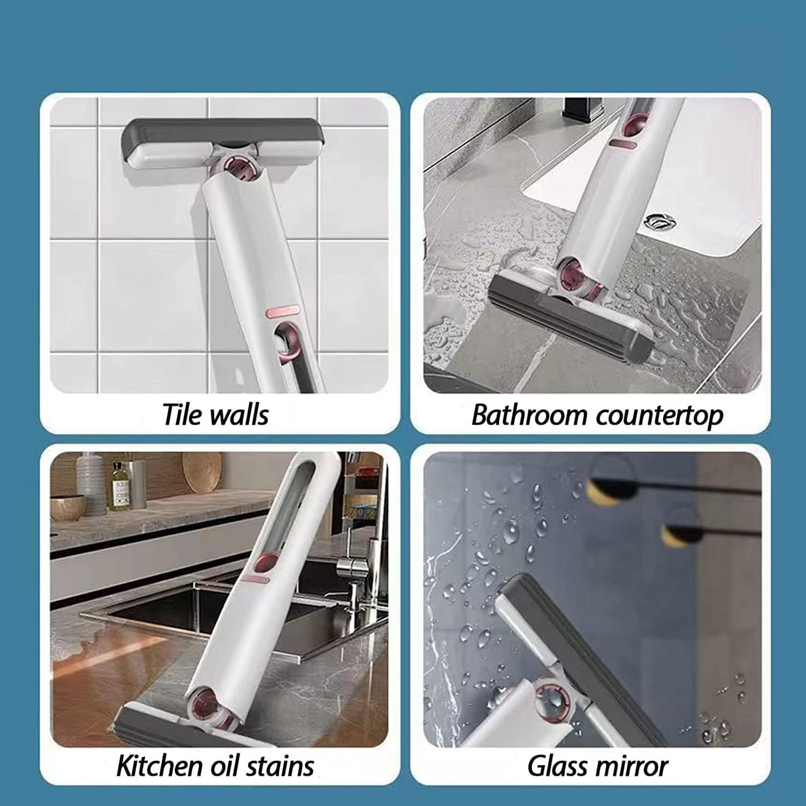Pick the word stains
pyautogui.click(x=281, y=766)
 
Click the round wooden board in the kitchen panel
pyautogui.click(x=202, y=471)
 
